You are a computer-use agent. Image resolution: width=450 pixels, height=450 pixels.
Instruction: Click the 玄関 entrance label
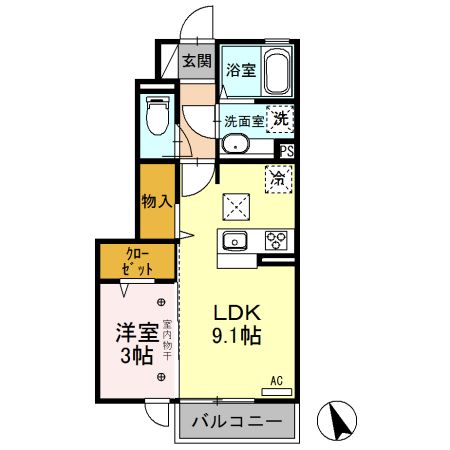coord(197,61)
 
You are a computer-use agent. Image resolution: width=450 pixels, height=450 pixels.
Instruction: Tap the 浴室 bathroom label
coord(239,70)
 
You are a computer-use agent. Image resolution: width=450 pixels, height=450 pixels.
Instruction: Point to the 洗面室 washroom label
coord(243,121)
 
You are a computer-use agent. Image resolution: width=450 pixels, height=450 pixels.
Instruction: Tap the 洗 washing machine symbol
coord(281,117)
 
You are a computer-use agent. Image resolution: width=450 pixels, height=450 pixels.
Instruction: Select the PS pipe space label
coord(287,152)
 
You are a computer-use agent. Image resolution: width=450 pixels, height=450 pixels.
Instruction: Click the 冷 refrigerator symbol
coord(279,180)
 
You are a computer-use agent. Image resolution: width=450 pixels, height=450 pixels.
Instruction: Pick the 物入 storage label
coord(157,201)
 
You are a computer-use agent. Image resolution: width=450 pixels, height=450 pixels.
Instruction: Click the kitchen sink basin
coord(236,240)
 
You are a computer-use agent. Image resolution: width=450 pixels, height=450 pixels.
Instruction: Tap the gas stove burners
coord(276,240)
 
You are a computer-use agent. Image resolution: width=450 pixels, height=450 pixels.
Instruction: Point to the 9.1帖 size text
coord(237,338)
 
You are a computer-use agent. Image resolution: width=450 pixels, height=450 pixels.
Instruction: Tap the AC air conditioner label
coord(278,381)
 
